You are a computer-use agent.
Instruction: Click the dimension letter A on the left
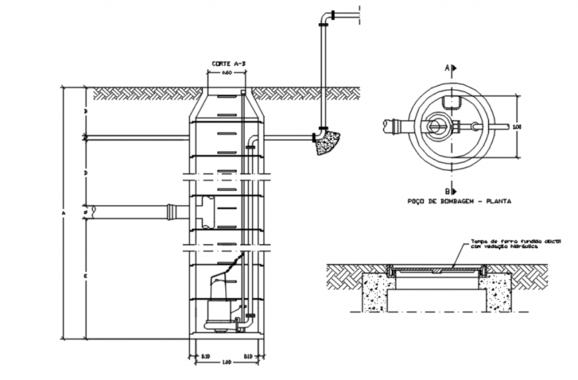point(64,213)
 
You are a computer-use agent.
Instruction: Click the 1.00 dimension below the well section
point(226,362)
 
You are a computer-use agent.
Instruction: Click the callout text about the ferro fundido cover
point(516,244)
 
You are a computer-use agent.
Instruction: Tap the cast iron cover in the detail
point(438,268)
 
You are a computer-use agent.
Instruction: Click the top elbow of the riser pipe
point(328,15)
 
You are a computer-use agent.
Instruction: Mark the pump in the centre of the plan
point(438,124)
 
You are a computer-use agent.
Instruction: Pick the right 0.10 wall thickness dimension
point(248,357)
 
